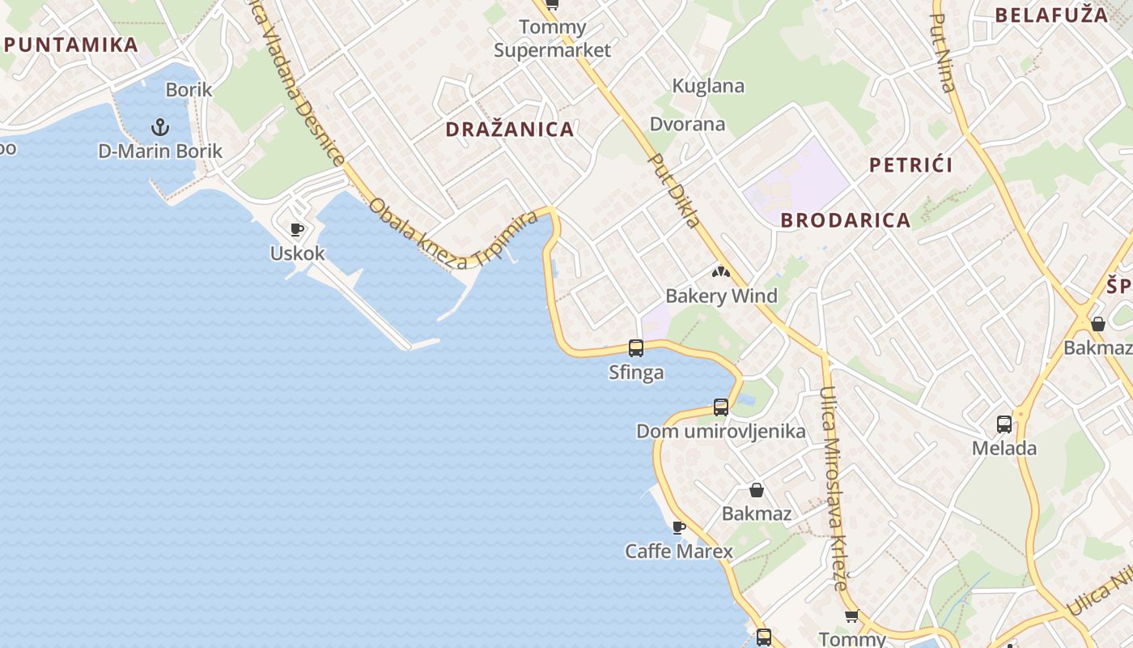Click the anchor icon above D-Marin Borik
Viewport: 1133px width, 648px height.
[x=160, y=127]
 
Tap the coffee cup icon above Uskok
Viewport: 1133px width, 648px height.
[x=297, y=229]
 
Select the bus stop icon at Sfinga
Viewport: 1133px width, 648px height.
[x=636, y=348]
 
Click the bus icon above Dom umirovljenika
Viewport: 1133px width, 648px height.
[x=721, y=407]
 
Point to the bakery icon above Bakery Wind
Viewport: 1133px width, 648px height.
[x=720, y=273]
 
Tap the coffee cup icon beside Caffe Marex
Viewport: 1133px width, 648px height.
[x=679, y=528]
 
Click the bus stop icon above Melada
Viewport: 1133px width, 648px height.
[x=1004, y=424]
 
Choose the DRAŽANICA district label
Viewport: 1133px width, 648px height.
[x=510, y=129]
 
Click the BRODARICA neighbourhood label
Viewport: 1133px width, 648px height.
[x=846, y=220]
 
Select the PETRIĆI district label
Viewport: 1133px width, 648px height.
[x=910, y=165]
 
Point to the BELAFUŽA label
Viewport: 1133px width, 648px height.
[x=1051, y=15]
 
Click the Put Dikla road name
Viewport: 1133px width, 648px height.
[x=675, y=191]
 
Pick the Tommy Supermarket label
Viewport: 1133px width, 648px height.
[x=553, y=39]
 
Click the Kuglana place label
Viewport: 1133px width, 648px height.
[x=708, y=86]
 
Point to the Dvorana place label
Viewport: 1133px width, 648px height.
[x=688, y=124]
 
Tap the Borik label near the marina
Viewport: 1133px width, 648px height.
[x=189, y=89]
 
